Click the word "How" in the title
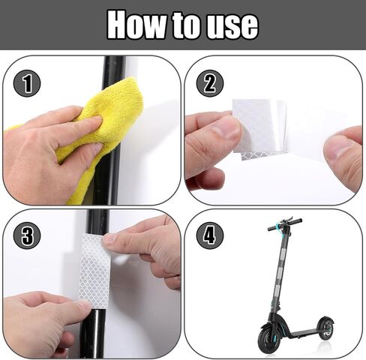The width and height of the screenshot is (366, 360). [136, 25]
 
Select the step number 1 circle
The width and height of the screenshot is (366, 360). [27, 83]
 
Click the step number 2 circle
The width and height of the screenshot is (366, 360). [209, 83]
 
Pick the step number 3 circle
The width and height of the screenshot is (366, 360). [27, 235]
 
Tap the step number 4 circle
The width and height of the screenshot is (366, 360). [209, 235]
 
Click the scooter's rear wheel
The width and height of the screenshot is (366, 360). [326, 328]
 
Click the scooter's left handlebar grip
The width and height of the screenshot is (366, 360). [273, 228]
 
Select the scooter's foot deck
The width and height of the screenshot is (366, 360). [304, 333]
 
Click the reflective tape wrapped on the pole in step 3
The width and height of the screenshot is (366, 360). [94, 271]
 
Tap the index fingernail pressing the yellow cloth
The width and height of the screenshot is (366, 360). [97, 120]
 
